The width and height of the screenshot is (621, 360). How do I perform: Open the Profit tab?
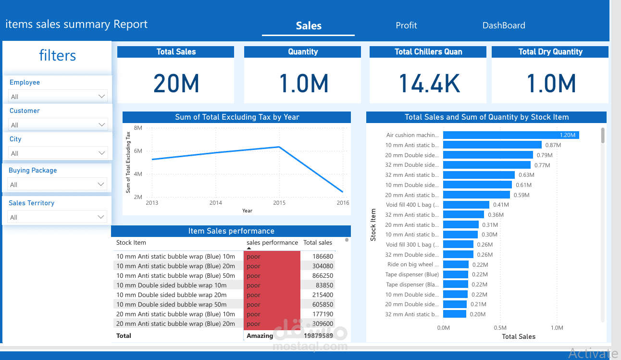pyautogui.click(x=406, y=25)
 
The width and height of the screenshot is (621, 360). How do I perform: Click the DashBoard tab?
pyautogui.click(x=504, y=25)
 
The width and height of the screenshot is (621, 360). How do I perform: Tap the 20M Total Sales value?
pyautogui.click(x=176, y=83)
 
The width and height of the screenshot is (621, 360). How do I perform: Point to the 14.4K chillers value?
pyautogui.click(x=429, y=83)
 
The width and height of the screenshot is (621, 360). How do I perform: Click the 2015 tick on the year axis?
pyautogui.click(x=279, y=203)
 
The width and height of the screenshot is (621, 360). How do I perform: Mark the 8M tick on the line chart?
pyautogui.click(x=138, y=128)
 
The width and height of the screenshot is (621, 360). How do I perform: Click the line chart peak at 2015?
pyautogui.click(x=279, y=147)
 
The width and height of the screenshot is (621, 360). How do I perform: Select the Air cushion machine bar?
pyautogui.click(x=510, y=135)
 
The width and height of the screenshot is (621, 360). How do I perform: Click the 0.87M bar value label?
pyautogui.click(x=553, y=145)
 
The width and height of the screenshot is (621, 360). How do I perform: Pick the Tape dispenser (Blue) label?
pyautogui.click(x=412, y=274)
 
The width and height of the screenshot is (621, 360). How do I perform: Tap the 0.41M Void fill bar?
pyautogui.click(x=466, y=205)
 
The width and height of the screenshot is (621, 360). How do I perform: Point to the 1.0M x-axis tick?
pyautogui.click(x=557, y=328)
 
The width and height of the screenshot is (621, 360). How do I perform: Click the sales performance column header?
pyautogui.click(x=272, y=243)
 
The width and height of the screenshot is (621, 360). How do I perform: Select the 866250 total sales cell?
pyautogui.click(x=323, y=276)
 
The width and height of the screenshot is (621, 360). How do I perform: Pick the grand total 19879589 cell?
pyautogui.click(x=318, y=335)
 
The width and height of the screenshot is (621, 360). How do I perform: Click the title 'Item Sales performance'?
pyautogui.click(x=231, y=231)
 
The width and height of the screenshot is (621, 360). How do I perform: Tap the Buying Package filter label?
pyautogui.click(x=33, y=170)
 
